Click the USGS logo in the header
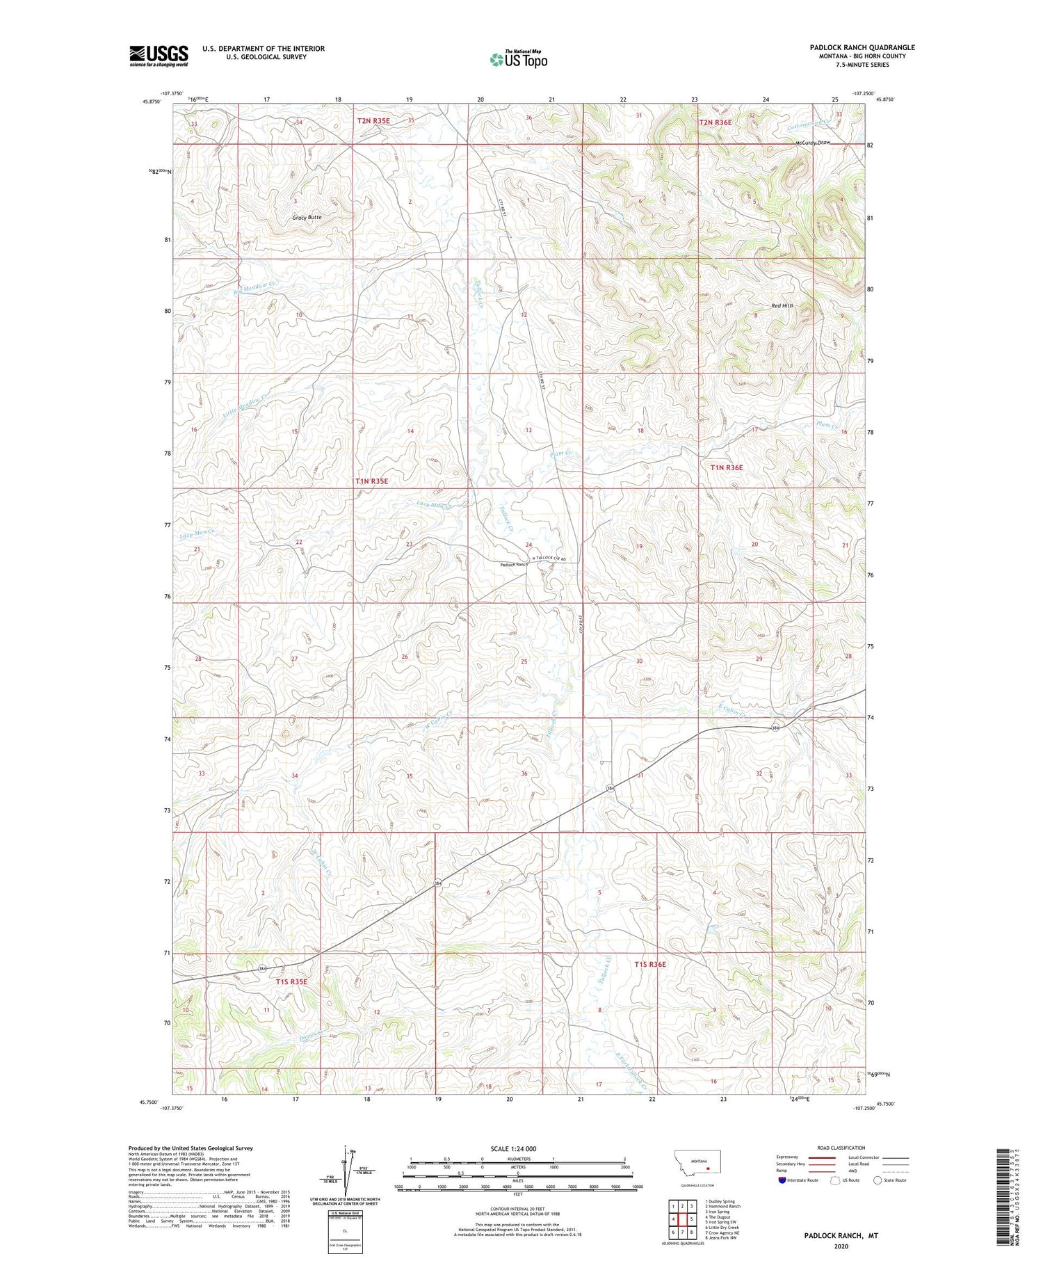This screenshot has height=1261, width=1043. tap(159, 56)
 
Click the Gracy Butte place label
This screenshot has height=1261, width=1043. tap(307, 218)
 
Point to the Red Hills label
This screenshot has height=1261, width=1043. tap(782, 306)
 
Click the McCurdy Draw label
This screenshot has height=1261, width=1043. tap(813, 143)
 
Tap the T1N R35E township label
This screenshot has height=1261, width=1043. tap(372, 481)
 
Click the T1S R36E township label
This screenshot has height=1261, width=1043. tap(650, 964)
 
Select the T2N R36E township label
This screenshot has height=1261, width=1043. tap(715, 122)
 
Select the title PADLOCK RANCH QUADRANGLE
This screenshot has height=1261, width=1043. tap(862, 47)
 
